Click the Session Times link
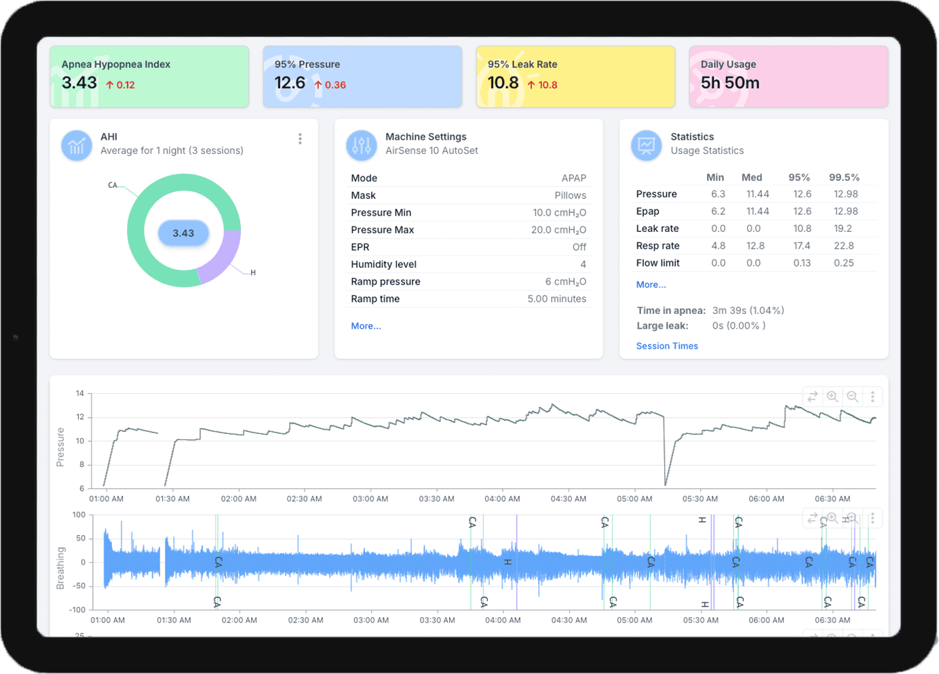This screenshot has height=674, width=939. pos(667,346)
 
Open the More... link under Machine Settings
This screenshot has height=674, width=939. pos(366,326)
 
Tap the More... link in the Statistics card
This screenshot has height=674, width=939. pos(651,284)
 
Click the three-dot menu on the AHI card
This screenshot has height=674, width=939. pos(300,138)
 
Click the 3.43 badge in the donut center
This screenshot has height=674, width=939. pos(184,233)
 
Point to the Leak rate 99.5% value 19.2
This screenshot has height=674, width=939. pos(843,229)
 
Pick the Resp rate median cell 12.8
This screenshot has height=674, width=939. pos(755,245)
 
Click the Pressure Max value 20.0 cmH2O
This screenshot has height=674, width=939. pos(559,230)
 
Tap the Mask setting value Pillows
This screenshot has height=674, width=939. pos(571,195)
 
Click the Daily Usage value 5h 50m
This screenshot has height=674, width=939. pos(730,83)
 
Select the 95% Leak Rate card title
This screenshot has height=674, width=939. pos(522,64)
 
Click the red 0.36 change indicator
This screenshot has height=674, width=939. pos(330,85)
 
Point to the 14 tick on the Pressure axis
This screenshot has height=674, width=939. pos(79,393)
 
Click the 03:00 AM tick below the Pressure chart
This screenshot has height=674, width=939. pos(370,499)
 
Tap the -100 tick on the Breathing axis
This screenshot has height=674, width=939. pos(77,610)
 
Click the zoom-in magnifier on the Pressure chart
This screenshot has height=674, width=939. pos(832,396)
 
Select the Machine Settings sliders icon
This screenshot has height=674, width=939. pos(362,145)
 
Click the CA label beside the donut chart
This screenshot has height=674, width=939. pos(113,185)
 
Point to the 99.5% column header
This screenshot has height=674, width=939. pos(844,177)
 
